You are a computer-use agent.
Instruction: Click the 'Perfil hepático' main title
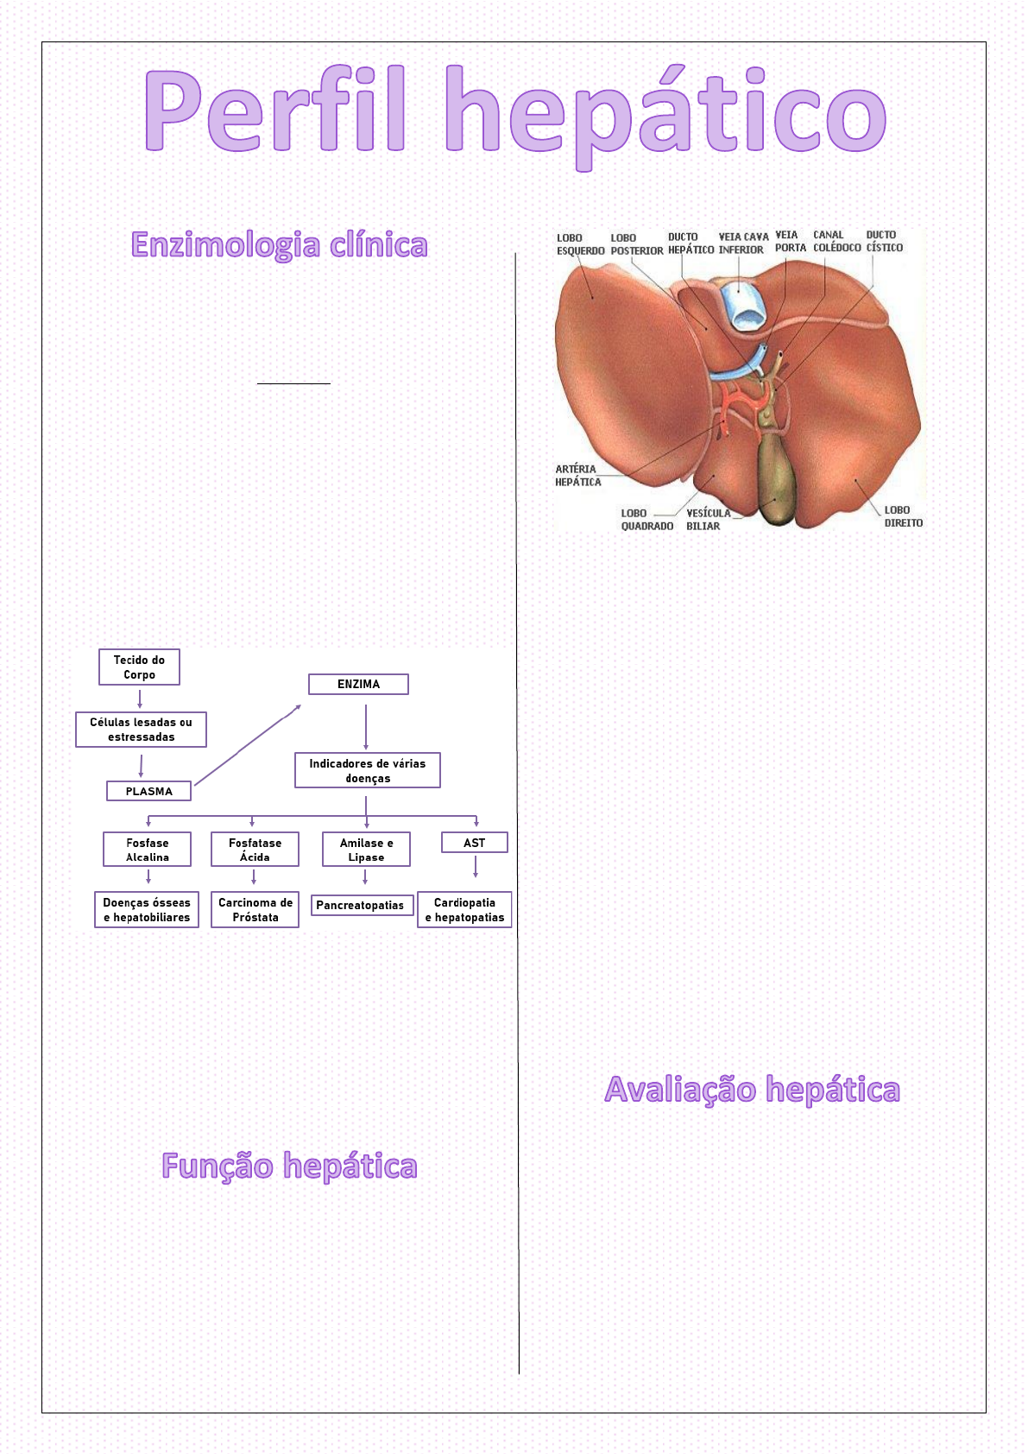[x=514, y=112]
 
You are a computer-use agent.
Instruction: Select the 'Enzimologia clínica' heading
[x=279, y=245]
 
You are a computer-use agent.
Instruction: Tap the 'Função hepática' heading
[x=289, y=1166]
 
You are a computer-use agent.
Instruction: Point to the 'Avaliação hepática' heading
[x=752, y=1090]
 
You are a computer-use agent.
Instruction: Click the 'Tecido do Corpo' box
[x=139, y=667]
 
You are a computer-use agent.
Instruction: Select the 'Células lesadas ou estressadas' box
[x=141, y=730]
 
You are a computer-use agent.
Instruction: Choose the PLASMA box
[x=148, y=791]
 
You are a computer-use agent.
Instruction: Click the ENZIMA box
[x=358, y=684]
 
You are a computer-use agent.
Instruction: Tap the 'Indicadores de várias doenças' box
[x=367, y=770]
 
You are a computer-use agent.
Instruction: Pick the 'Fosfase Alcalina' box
[x=147, y=850]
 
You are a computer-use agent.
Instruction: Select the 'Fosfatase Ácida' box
[x=255, y=850]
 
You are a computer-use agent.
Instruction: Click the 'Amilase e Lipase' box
[x=366, y=850]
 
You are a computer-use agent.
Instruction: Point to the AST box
[x=474, y=843]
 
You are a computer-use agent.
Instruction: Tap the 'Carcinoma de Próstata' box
[x=255, y=910]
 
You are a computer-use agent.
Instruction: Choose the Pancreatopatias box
[x=360, y=905]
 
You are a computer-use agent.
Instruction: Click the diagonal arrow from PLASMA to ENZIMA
[x=248, y=744]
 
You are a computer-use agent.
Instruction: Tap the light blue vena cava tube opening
[x=743, y=308]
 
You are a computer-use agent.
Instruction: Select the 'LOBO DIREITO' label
[x=903, y=516]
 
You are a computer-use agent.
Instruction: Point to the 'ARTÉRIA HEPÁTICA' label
[x=577, y=476]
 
